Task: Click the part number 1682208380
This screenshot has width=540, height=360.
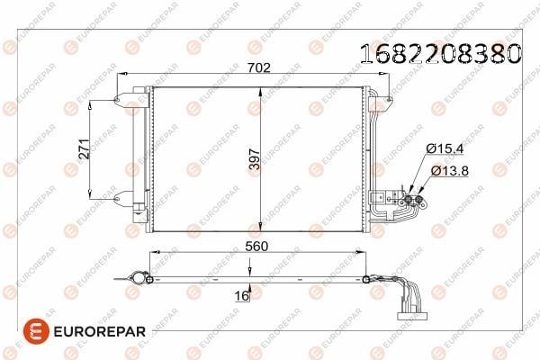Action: pos(440,54)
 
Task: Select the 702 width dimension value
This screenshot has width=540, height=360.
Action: pos(259,67)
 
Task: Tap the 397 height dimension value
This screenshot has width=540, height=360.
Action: pos(255,159)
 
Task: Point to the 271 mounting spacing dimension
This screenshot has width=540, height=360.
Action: pos(84,148)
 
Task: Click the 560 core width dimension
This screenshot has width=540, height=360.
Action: pos(256,247)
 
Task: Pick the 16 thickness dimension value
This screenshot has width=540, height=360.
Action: pos(241,295)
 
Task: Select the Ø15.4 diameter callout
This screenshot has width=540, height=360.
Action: pos(445,148)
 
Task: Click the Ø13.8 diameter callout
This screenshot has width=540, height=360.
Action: pos(450,170)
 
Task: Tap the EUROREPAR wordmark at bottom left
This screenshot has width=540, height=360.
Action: pos(100,331)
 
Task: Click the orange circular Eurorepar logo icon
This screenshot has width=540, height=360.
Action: pos(36,331)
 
